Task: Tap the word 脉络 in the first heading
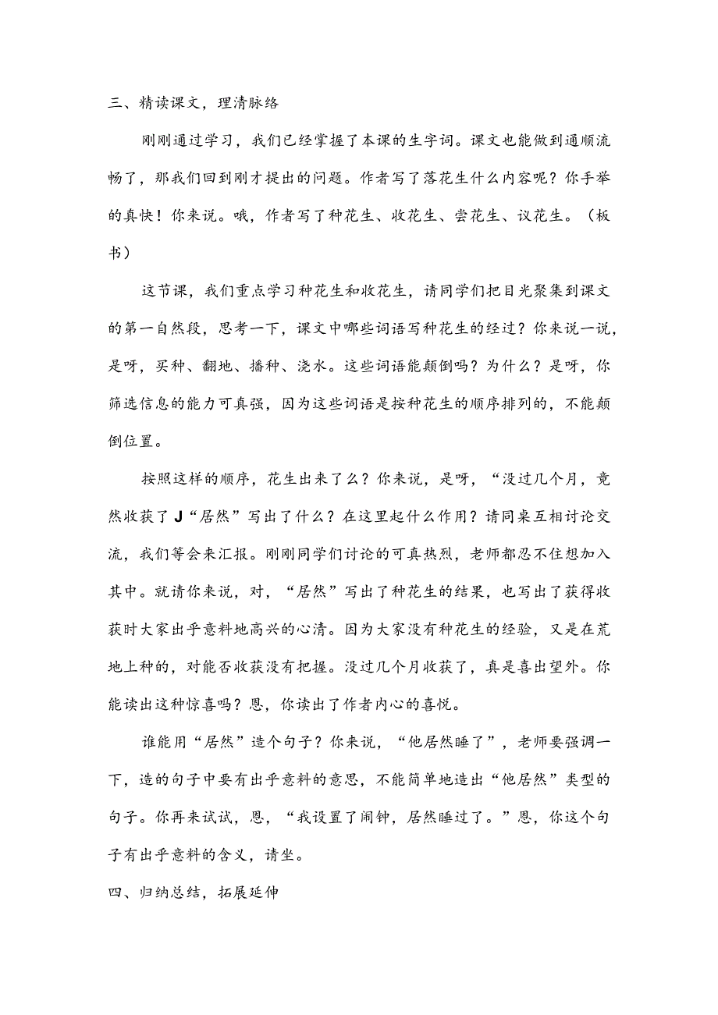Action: (x=261, y=103)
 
